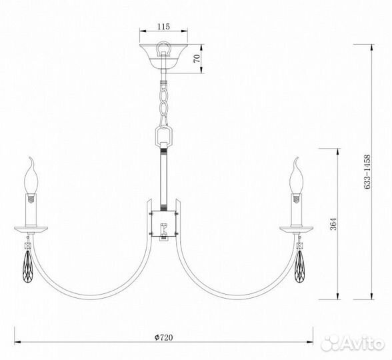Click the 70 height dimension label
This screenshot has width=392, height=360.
(x=196, y=58)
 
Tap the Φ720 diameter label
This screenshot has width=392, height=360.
(x=163, y=338)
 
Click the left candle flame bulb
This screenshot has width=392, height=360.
(x=31, y=177)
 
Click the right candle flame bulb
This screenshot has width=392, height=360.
(x=295, y=177)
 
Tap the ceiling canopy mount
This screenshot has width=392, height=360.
(x=163, y=56)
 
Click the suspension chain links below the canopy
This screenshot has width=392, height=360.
(x=163, y=100)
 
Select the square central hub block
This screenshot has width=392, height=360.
(x=163, y=224)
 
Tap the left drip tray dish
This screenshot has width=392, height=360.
(x=31, y=229)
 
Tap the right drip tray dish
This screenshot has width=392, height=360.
(x=295, y=229)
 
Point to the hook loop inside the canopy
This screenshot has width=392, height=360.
(x=163, y=49)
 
